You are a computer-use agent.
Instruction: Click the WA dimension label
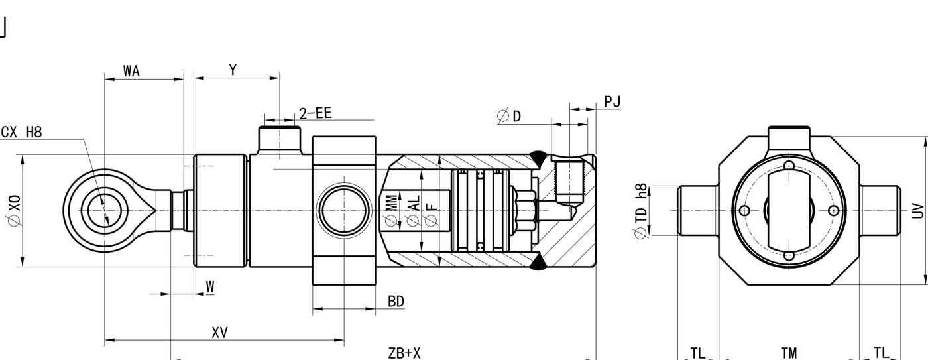[131, 71]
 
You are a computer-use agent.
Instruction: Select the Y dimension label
[233, 70]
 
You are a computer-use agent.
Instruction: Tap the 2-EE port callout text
[316, 113]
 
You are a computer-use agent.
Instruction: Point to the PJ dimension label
[612, 101]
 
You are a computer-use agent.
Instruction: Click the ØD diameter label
[509, 116]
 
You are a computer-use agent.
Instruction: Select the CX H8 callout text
[21, 132]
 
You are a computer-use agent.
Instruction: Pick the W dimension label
[211, 286]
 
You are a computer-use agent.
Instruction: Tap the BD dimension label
[396, 302]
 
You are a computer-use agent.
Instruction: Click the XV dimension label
[219, 333]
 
